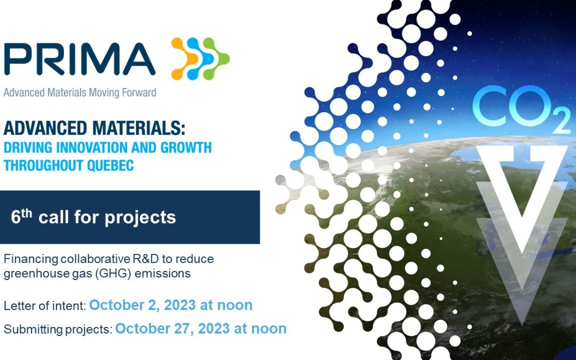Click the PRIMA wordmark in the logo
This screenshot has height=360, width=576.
tap(79, 59)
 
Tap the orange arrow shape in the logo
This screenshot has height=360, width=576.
tap(185, 59)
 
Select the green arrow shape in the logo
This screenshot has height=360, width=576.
tap(217, 59)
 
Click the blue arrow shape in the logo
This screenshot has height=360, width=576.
tap(200, 59)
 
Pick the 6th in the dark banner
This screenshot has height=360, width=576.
tap(22, 217)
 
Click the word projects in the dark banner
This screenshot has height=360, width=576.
tap(140, 218)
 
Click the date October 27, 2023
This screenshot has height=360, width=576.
tap(173, 329)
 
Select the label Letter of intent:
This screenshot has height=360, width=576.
tap(45, 306)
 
